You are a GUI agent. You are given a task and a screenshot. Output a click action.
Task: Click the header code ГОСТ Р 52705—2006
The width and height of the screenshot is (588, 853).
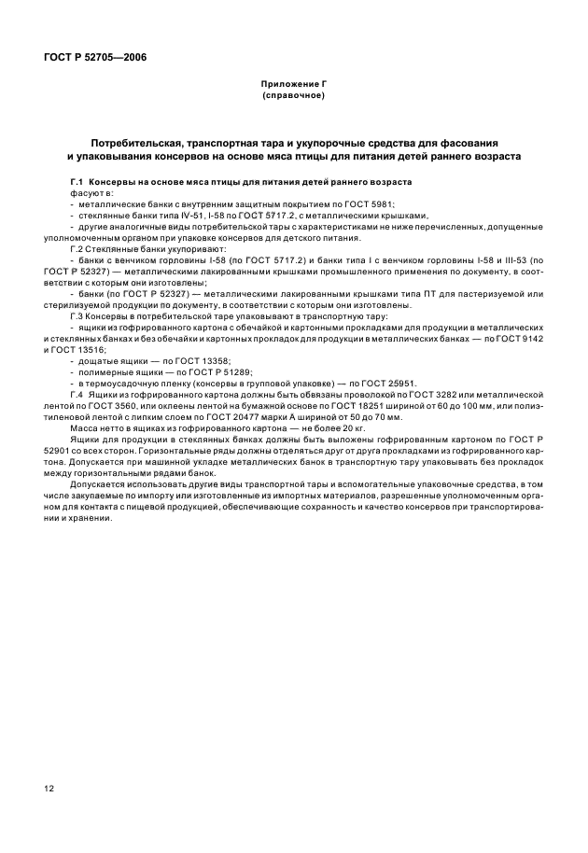pyautogui.click(x=94, y=57)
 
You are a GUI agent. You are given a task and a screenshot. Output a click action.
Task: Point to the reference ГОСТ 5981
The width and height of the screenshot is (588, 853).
pyautogui.click(x=371, y=203)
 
